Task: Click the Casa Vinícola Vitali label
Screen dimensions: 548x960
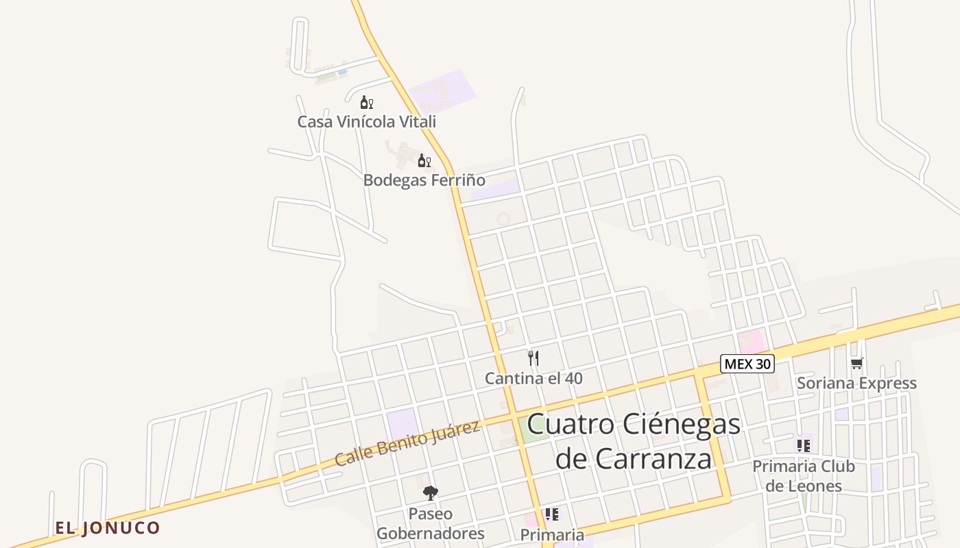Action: [x=366, y=122]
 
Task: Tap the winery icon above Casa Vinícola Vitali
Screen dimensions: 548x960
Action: [x=366, y=103]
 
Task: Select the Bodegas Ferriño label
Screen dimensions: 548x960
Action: [x=424, y=180]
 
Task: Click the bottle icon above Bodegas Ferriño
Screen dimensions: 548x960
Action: [x=424, y=161]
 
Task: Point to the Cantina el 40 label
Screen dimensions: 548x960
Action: [x=533, y=378]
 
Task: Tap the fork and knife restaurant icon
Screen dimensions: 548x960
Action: [x=533, y=358]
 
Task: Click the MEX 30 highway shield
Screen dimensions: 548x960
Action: [x=747, y=364]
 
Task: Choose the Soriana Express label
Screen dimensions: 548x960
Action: [x=856, y=383]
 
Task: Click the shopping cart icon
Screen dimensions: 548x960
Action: [x=856, y=363]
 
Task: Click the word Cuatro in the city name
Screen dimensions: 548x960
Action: [x=571, y=424]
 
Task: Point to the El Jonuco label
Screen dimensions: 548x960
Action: [x=108, y=527]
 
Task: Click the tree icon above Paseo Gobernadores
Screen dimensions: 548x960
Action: [x=431, y=493]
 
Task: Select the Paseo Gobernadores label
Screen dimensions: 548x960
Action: [x=431, y=523]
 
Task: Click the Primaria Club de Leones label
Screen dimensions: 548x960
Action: [x=804, y=476]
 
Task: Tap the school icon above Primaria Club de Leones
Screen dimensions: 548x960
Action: [x=804, y=446]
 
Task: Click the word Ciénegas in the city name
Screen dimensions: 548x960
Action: [x=682, y=424]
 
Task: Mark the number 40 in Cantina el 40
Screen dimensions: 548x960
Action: [x=574, y=378]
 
